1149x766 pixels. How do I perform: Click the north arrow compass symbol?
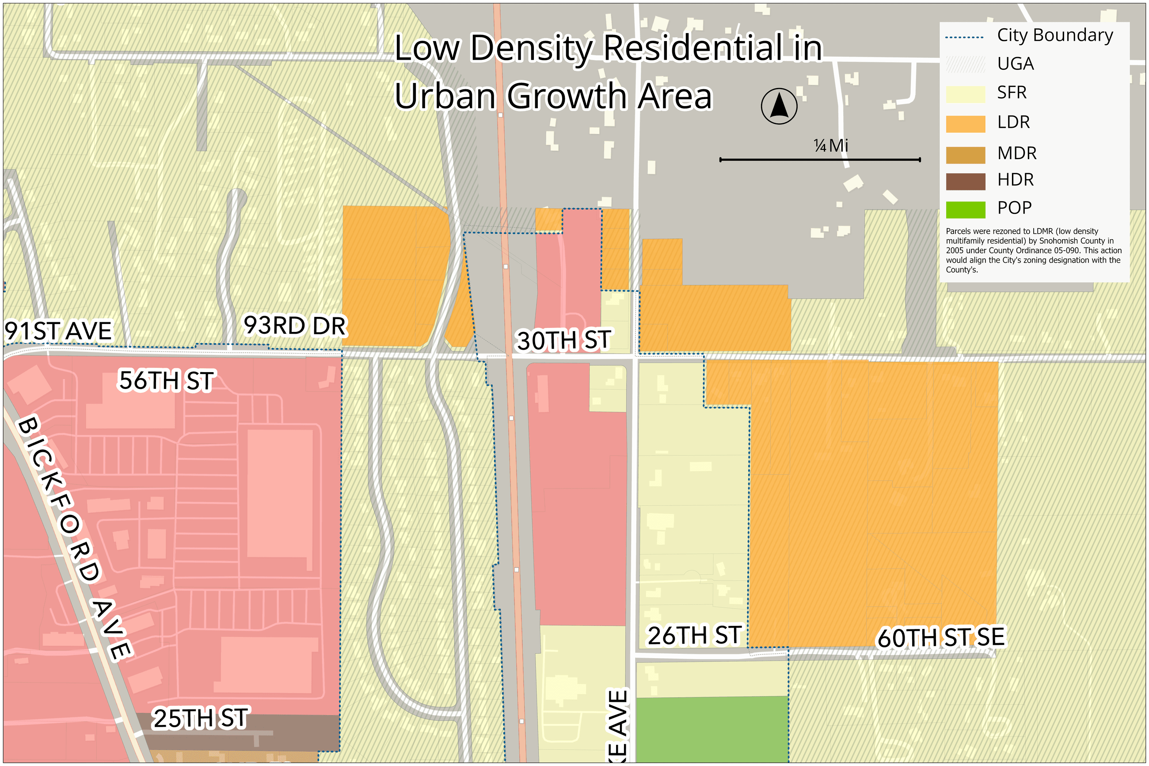coord(778,106)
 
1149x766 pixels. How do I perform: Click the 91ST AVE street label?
coord(59,331)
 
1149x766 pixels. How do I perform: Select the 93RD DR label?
coord(295,326)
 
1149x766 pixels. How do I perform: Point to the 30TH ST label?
coord(563,340)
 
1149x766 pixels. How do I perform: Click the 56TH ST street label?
coord(166,381)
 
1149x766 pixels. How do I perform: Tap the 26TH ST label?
coord(694,636)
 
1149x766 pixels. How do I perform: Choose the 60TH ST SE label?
coord(940,637)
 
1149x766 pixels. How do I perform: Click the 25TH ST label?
coord(201,719)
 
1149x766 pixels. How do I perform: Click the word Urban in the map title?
coord(445,96)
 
